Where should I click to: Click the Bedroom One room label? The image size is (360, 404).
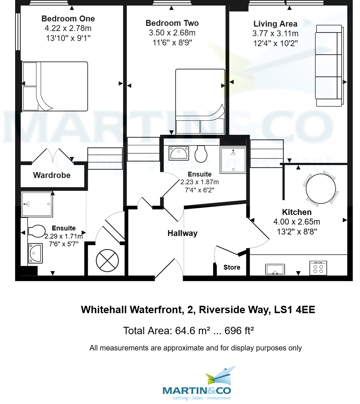coord(68,19)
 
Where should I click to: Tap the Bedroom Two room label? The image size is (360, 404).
coord(172,23)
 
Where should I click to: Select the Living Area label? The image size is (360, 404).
coord(275,24)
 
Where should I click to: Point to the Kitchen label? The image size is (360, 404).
coord(297,212)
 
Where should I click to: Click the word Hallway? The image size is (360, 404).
coord(182,233)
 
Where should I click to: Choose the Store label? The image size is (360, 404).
coord(232,267)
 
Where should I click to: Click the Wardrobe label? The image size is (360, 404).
coord(52,175)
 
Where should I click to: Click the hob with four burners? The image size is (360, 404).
coord(318,268)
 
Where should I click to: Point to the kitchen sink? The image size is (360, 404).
coord(275,269)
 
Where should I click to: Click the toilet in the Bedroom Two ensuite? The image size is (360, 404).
coord(201,154)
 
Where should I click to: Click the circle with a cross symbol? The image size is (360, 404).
coord(107,260)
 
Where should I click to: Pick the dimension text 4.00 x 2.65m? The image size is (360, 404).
coord(297,222)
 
